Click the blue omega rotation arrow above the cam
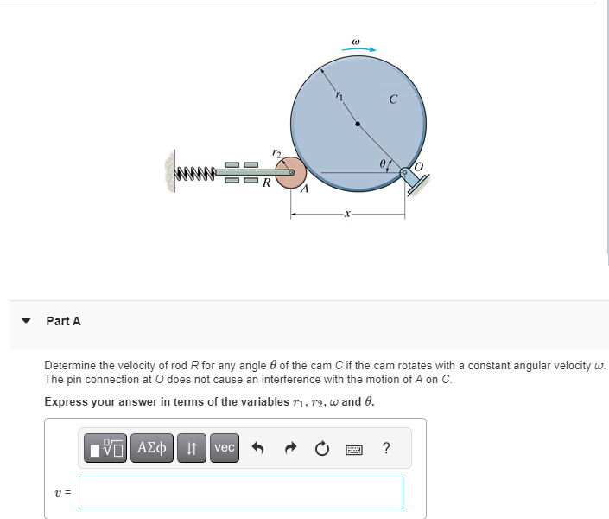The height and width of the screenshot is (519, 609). (x=358, y=49)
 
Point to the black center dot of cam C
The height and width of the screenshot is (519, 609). (x=358, y=124)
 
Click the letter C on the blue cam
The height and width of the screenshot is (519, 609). (x=393, y=100)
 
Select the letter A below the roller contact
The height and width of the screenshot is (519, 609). (x=304, y=191)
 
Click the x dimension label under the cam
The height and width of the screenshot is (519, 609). (x=347, y=213)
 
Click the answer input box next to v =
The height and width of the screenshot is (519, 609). (x=240, y=493)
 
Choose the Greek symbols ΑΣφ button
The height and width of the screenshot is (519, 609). (x=155, y=447)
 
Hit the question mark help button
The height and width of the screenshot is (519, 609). (x=385, y=447)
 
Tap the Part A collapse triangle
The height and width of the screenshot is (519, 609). (x=26, y=321)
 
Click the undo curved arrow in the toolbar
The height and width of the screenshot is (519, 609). (x=257, y=448)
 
